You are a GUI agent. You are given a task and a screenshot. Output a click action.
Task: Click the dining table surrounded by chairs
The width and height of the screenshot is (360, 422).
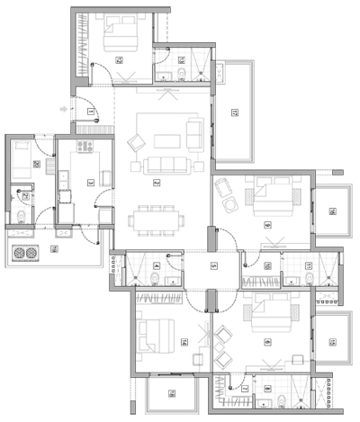pos(152,218)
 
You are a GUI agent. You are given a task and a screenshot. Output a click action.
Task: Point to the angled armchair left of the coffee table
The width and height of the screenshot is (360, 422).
pos(138,142)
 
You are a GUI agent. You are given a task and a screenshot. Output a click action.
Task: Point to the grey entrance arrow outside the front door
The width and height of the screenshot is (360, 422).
pos(61,110)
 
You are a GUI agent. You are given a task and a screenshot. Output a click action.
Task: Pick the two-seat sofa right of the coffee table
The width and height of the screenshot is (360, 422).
pos(195,137)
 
